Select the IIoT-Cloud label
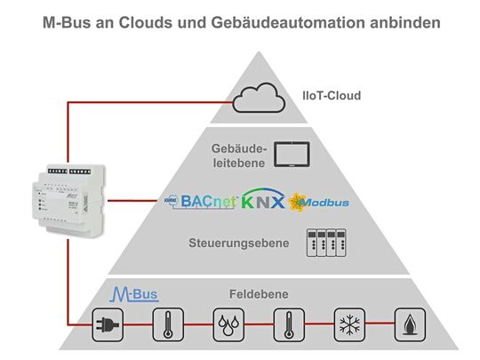click(329, 95)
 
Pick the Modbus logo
click(318, 202)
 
